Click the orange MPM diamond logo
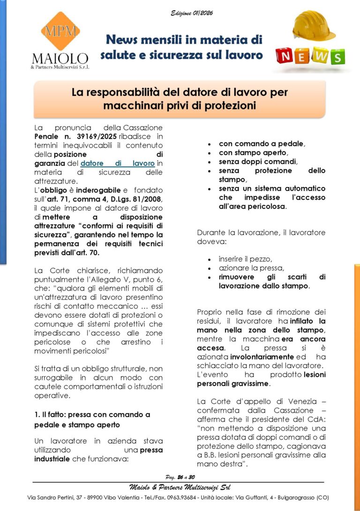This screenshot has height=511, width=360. coord(60,31)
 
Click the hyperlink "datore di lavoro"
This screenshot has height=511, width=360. coord(117,163)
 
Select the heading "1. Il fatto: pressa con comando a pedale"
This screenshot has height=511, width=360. coord(92,415)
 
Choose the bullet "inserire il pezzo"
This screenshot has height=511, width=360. coord(245,259)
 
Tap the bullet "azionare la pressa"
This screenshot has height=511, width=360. coord(251,268)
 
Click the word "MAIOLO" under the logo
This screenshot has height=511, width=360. coord(60,59)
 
